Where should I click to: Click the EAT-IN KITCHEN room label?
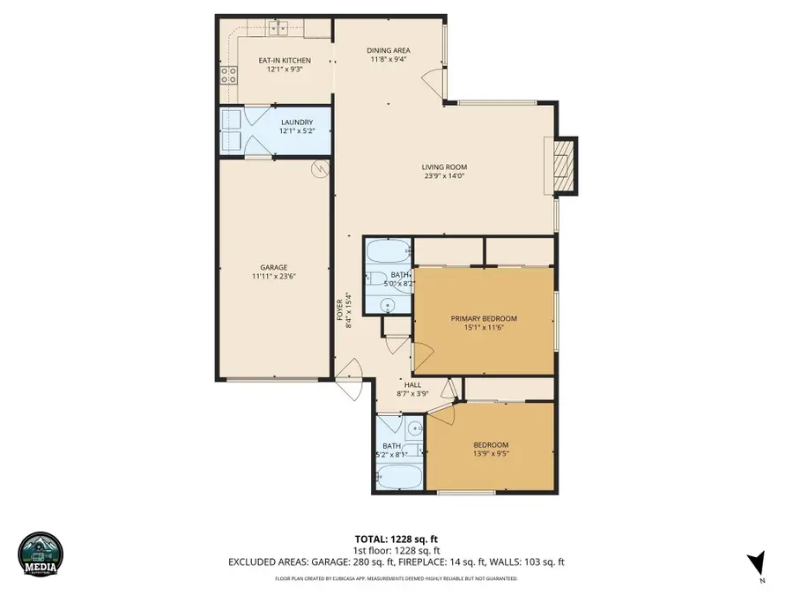(x=271, y=60)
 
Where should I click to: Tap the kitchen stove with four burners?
(x=227, y=76)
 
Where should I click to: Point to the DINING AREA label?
(x=388, y=50)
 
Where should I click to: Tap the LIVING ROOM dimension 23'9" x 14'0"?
(x=443, y=175)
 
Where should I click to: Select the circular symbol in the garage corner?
(x=320, y=168)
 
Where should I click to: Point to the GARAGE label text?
(x=273, y=267)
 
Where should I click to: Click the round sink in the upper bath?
(x=389, y=305)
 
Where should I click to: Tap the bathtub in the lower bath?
(x=399, y=477)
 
